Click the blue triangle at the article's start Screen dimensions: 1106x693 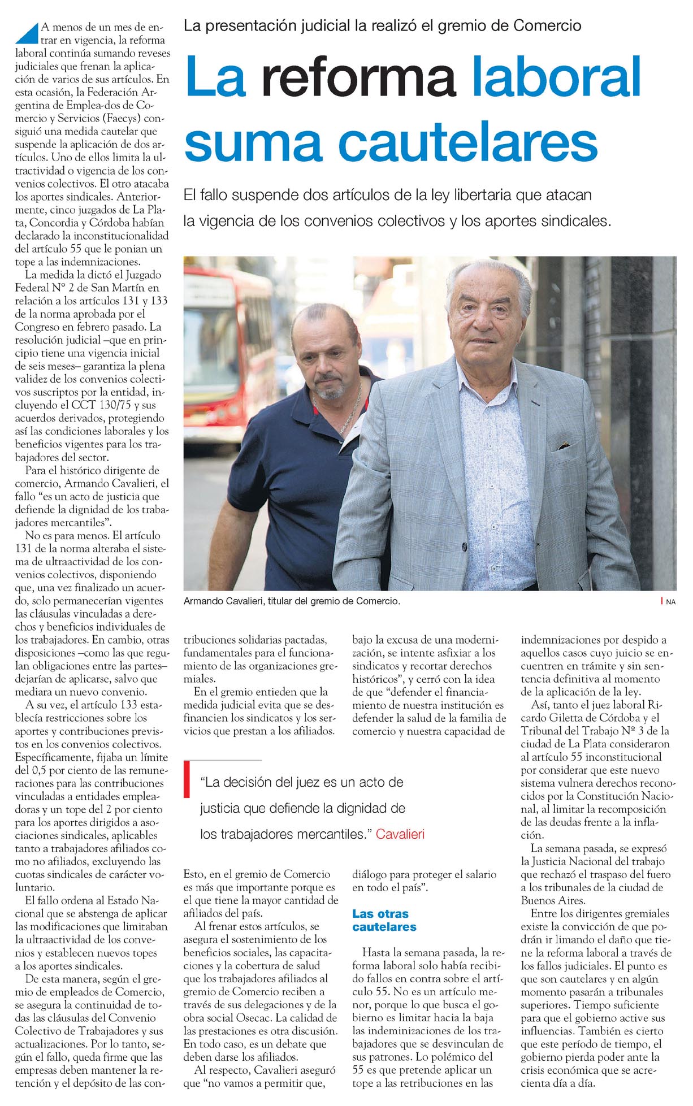coord(27,33)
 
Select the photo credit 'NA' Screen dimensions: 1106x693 coord(670,602)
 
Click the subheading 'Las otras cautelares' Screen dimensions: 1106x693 coord(384,920)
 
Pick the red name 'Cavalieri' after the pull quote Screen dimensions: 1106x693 coord(400,834)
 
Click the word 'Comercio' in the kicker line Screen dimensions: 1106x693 coord(547,25)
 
